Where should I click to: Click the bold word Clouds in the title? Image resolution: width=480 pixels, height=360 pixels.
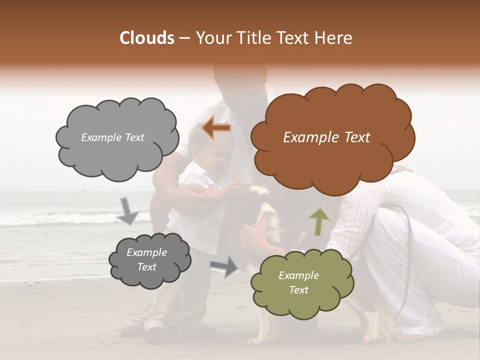click(x=147, y=38)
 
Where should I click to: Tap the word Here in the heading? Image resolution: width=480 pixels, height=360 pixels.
click(x=334, y=38)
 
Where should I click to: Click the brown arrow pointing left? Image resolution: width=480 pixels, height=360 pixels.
click(x=216, y=128)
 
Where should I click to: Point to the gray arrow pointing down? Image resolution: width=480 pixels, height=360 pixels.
click(x=128, y=210)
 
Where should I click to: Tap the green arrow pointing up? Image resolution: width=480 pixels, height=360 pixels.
click(x=319, y=221)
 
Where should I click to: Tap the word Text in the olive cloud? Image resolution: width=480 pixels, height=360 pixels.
click(x=299, y=290)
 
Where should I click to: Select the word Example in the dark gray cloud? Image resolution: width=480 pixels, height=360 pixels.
click(x=146, y=252)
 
